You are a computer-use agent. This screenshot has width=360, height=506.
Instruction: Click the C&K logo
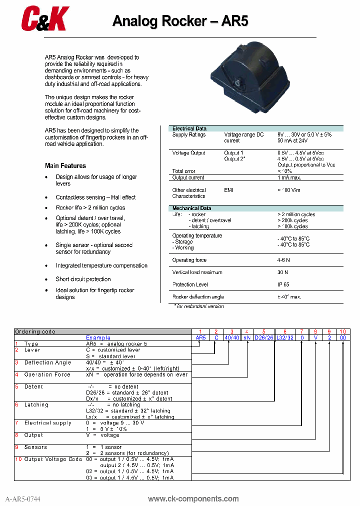coord(44,19)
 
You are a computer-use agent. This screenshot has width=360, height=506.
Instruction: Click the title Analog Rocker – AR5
coord(180,21)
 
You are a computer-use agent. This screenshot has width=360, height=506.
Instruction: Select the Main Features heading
coord(65,166)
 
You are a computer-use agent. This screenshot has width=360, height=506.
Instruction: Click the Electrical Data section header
coord(189,128)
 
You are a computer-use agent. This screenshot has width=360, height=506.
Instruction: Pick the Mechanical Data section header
coord(191,208)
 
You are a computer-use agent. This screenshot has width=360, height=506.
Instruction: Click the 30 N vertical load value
coord(283,272)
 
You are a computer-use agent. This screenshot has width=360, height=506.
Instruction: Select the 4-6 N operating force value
coord(284,260)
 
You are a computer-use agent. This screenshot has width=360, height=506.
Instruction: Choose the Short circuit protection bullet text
coord(83,279)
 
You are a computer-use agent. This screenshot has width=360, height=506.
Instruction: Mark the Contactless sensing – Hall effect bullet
coord(95,197)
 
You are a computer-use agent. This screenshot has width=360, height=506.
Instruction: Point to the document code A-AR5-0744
coord(23,499)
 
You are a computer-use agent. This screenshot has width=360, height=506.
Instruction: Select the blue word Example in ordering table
coord(98,337)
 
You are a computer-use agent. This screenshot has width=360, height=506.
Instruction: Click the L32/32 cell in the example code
coord(285,338)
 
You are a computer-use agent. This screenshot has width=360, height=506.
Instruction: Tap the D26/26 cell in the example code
coord(263,338)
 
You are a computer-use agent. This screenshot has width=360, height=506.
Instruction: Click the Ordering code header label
coord(35,331)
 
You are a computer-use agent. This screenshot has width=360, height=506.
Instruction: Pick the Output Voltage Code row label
coord(53,459)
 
